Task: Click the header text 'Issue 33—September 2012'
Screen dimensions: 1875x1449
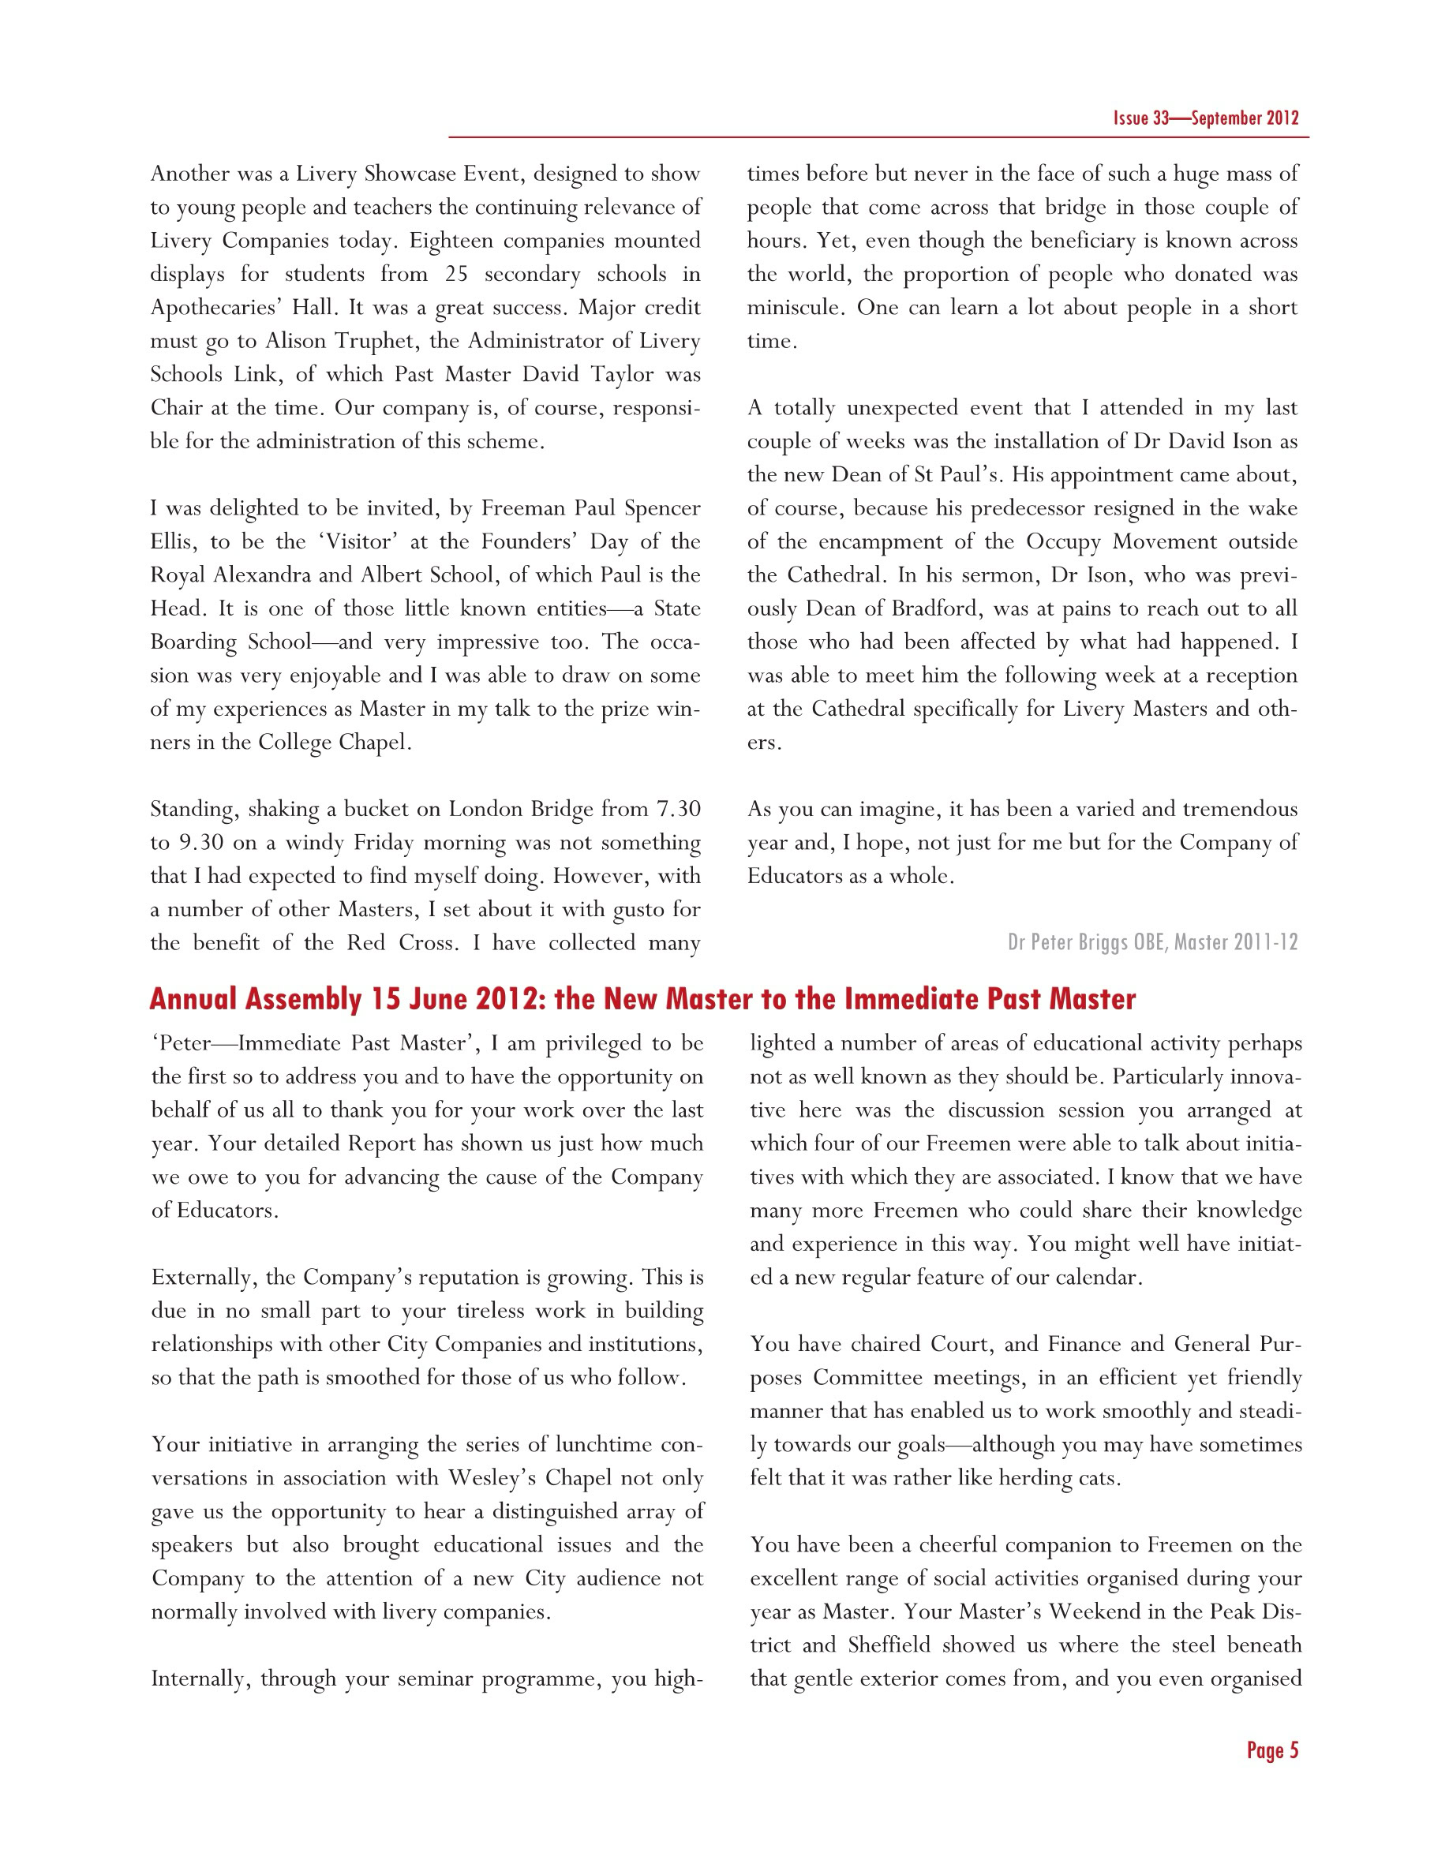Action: click(x=1205, y=118)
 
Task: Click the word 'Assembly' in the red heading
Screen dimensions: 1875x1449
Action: click(x=303, y=999)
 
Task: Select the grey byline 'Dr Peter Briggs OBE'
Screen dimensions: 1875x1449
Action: click(x=1087, y=943)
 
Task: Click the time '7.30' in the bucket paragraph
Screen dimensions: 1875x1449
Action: click(x=678, y=810)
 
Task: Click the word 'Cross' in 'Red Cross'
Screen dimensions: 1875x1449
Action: click(x=424, y=944)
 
